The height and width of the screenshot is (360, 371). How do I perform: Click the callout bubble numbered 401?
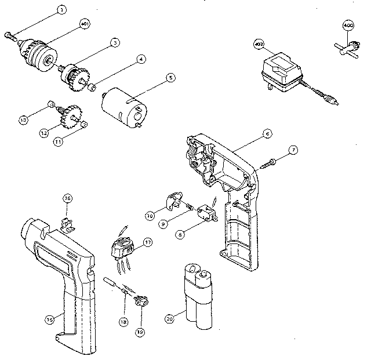pyautogui.click(x=84, y=24)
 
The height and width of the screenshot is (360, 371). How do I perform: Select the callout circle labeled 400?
pyautogui.click(x=348, y=26)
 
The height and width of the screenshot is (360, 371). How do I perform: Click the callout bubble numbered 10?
pyautogui.click(x=149, y=215)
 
